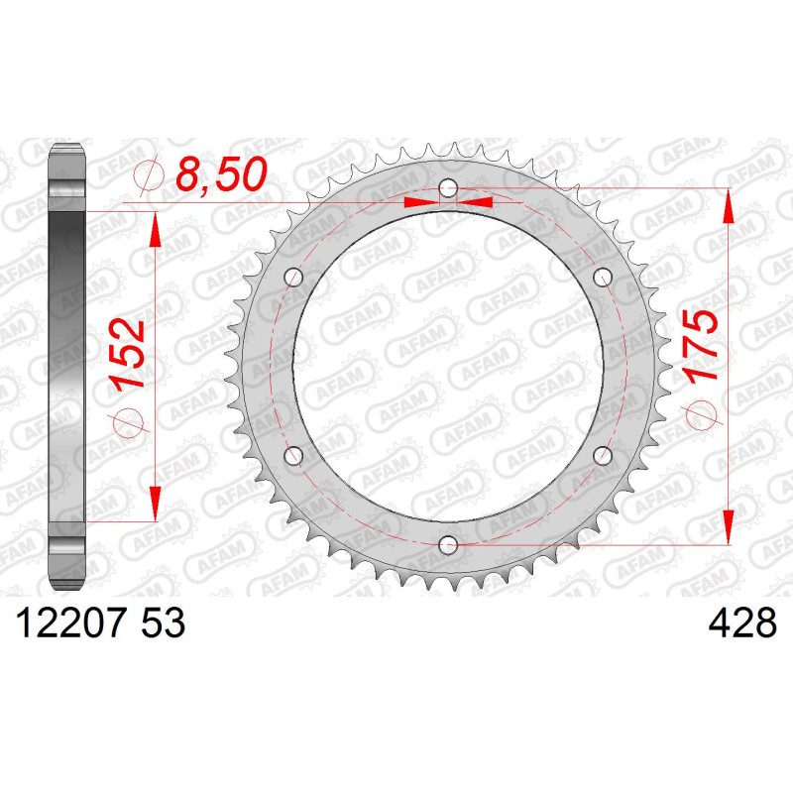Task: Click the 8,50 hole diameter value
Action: tap(221, 174)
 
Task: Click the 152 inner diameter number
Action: tap(128, 355)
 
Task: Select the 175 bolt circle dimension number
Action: tap(700, 345)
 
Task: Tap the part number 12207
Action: tap(70, 623)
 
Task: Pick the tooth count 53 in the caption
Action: tap(164, 623)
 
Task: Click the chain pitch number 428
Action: tap(742, 623)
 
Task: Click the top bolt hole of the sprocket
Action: tap(448, 189)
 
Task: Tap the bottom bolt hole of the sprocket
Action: tap(448, 545)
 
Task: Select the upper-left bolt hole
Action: tap(293, 278)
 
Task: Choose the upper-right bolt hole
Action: tap(603, 278)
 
